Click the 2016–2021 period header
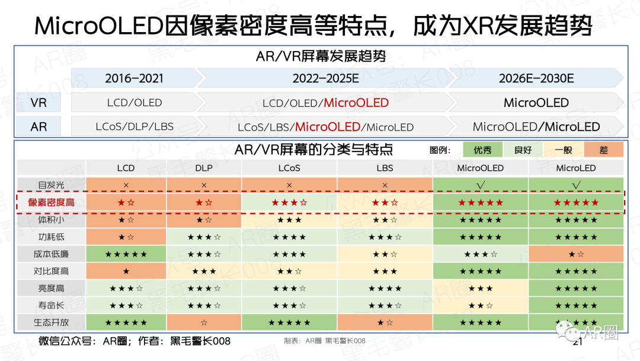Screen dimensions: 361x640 (x=134, y=78)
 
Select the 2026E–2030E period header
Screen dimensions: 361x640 (x=536, y=78)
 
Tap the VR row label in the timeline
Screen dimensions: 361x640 (x=39, y=103)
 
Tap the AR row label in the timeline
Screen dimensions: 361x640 (x=39, y=126)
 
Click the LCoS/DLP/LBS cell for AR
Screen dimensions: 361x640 (x=134, y=126)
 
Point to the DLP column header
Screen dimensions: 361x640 (x=204, y=168)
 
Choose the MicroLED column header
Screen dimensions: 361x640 (x=575, y=168)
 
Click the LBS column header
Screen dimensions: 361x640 (x=385, y=168)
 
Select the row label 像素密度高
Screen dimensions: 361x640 (x=51, y=202)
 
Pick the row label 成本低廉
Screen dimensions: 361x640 (x=51, y=254)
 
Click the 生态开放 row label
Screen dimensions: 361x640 (x=51, y=323)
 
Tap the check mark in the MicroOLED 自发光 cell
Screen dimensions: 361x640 (x=480, y=185)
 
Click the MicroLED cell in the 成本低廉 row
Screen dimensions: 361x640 (x=575, y=254)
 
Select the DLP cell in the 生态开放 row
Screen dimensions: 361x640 (x=204, y=323)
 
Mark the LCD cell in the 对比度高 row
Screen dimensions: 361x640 (x=126, y=271)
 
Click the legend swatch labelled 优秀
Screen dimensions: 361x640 (x=482, y=150)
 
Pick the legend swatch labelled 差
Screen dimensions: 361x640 (x=603, y=150)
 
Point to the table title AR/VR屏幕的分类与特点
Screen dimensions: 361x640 (x=313, y=150)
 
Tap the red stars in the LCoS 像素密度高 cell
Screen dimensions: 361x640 (x=289, y=202)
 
